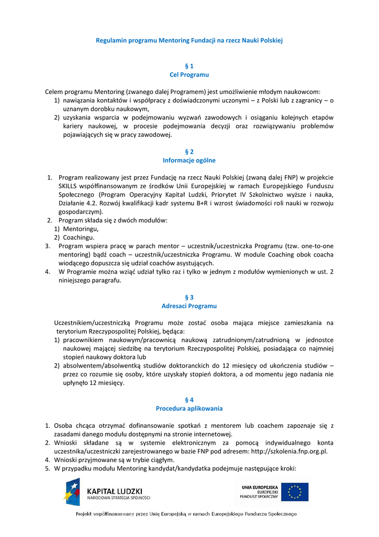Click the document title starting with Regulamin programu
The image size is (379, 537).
pos(189,40)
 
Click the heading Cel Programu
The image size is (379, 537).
pos(189,75)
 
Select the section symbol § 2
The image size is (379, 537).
pos(189,151)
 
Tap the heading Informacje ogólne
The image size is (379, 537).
pos(189,160)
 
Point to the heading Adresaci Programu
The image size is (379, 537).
pos(189,306)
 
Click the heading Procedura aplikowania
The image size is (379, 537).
pos(189,408)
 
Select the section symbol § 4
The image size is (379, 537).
pos(189,399)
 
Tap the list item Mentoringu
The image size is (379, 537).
pos(81,229)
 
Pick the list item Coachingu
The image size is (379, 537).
pos(79,237)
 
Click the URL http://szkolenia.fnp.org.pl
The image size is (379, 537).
pos(289,451)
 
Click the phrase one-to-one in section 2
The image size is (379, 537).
pos(315,245)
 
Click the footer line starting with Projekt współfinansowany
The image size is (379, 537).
pos(187,514)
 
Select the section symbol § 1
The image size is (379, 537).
pos(189,66)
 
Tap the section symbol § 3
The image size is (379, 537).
pos(189,297)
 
